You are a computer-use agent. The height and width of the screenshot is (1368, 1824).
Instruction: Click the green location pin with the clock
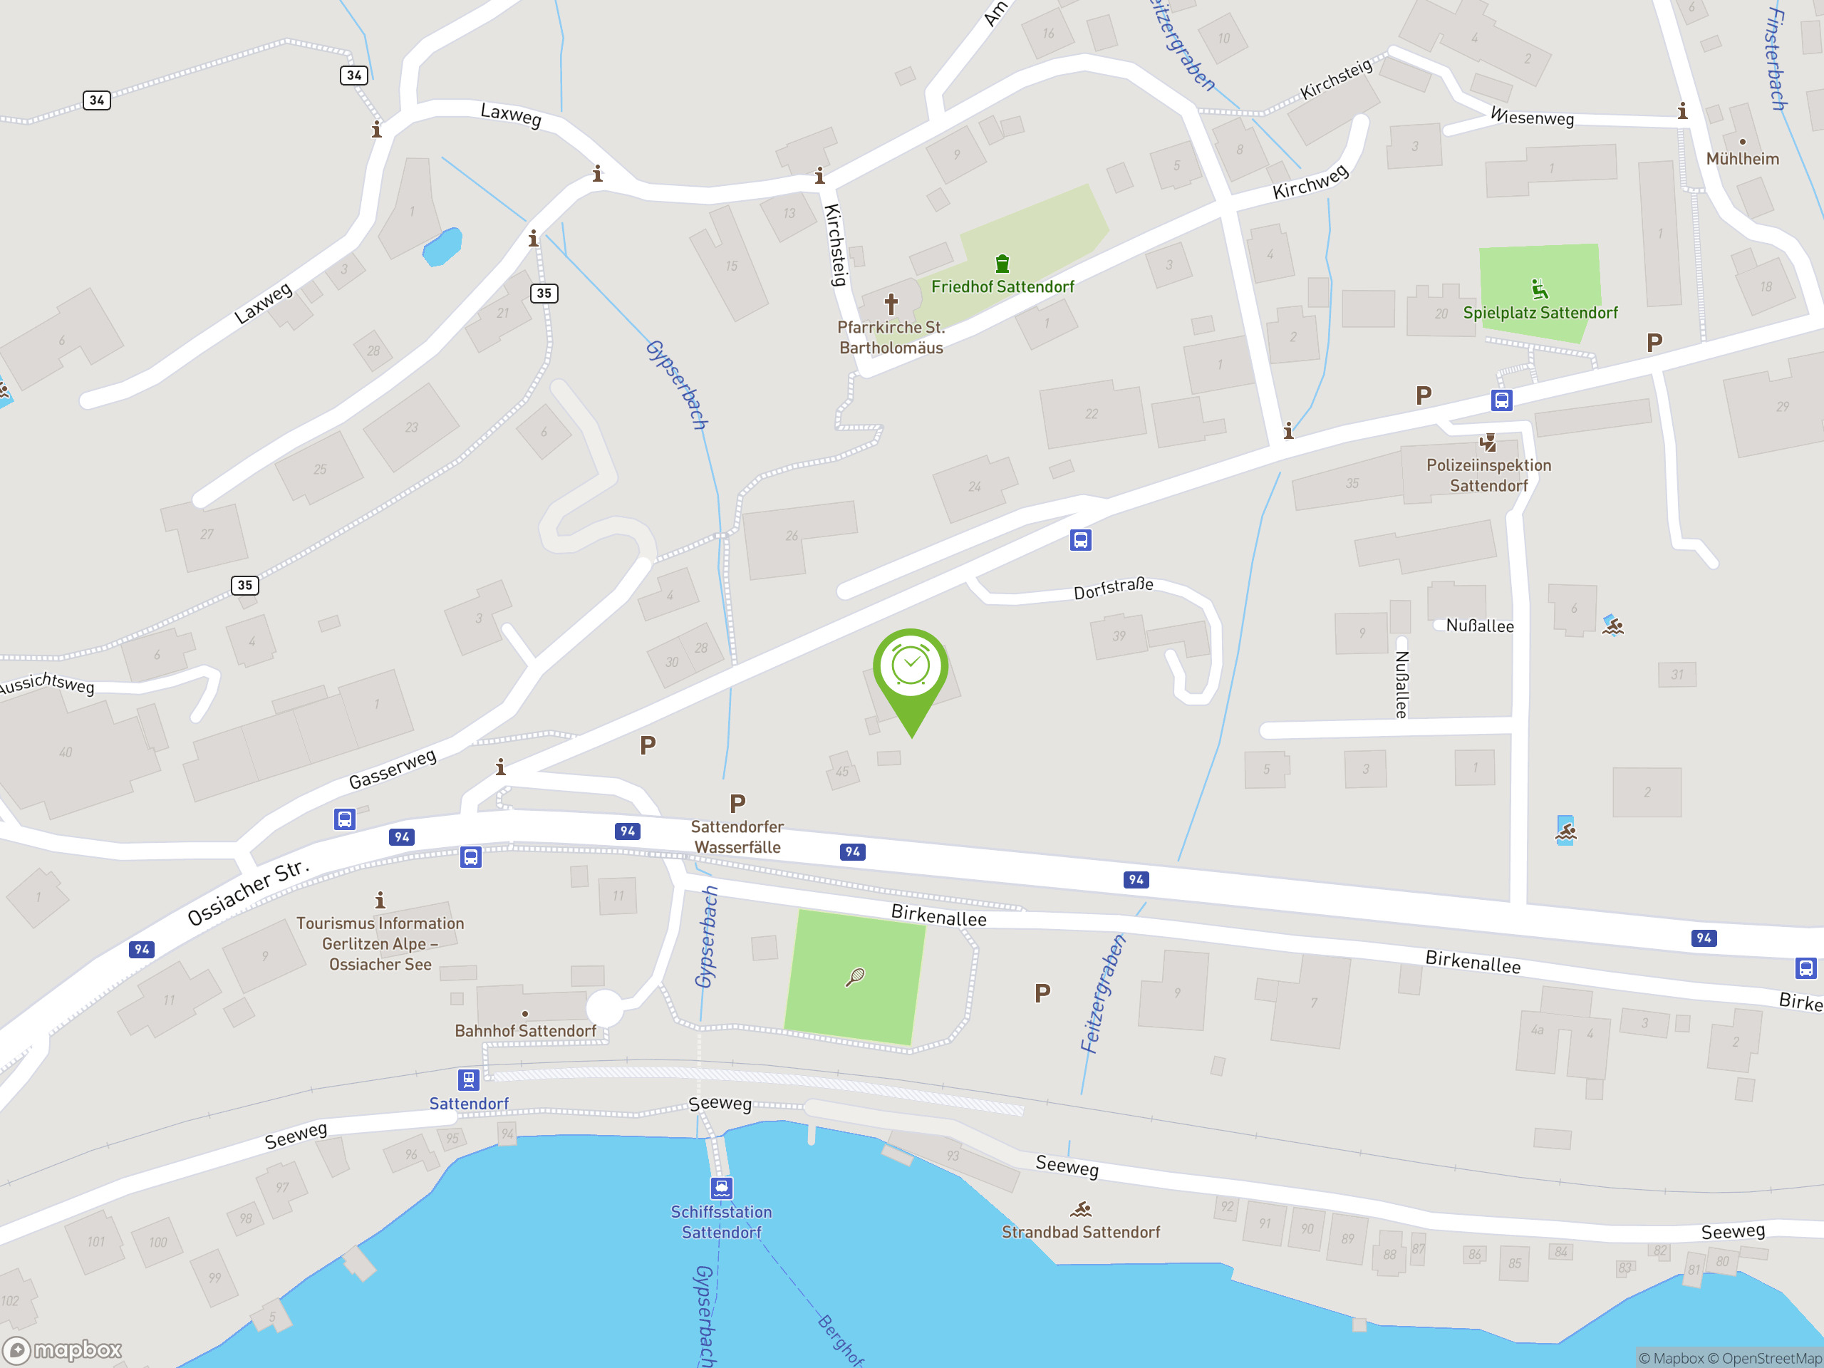pos(911,668)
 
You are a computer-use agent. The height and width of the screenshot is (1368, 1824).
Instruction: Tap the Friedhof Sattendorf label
pos(1002,287)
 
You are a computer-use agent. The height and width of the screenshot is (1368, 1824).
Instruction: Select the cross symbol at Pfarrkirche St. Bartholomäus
pos(891,304)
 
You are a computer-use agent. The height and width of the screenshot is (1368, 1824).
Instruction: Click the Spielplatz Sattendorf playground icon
pos(1539,289)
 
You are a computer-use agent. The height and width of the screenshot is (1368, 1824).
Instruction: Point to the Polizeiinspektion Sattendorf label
pos(1488,475)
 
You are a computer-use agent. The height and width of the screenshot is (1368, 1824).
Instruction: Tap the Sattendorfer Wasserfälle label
pos(737,836)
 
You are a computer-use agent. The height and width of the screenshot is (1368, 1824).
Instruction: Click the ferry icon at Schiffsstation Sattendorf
pos(722,1188)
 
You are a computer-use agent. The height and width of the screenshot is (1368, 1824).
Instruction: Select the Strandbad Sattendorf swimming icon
pos(1081,1210)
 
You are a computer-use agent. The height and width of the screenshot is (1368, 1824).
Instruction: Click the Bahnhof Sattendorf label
pos(525,1031)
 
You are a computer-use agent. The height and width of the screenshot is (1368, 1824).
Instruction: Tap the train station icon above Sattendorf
pos(468,1079)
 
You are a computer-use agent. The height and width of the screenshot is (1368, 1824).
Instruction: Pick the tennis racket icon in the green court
pos(855,977)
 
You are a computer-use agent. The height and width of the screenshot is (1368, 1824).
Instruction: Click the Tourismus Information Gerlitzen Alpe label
pos(380,943)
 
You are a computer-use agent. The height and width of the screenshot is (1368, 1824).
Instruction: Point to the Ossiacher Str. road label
pos(248,893)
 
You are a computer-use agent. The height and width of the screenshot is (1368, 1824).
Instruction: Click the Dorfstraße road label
pos(1112,588)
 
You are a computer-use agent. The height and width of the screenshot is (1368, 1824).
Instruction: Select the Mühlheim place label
pos(1741,158)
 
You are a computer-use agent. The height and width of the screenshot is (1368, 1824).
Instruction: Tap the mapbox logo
pos(63,1350)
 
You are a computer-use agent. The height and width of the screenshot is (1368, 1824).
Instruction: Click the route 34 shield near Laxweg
pos(353,75)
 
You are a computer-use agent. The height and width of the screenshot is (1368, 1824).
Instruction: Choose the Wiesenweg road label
pos(1532,117)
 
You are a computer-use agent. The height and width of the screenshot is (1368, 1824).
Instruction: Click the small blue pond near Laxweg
pos(442,246)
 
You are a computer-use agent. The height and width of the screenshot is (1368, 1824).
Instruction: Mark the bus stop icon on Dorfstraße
pos(1080,540)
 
